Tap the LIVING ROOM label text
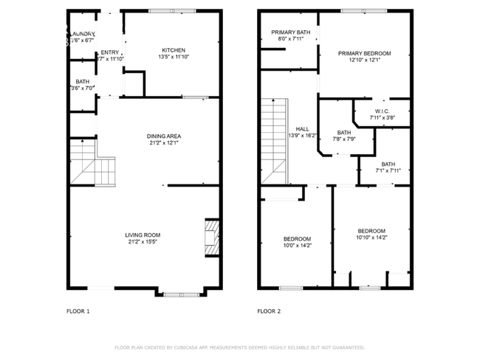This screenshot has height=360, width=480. (143, 235)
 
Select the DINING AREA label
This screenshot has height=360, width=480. (164, 136)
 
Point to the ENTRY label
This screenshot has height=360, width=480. (109, 52)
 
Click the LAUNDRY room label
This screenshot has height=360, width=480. (82, 34)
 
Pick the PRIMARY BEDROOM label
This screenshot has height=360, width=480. (364, 54)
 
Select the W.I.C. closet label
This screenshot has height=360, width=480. (382, 111)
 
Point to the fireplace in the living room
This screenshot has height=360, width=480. (212, 237)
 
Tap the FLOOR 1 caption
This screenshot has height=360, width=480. (78, 311)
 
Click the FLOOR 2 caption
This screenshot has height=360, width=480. (269, 311)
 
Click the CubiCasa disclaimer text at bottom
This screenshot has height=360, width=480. (240, 347)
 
